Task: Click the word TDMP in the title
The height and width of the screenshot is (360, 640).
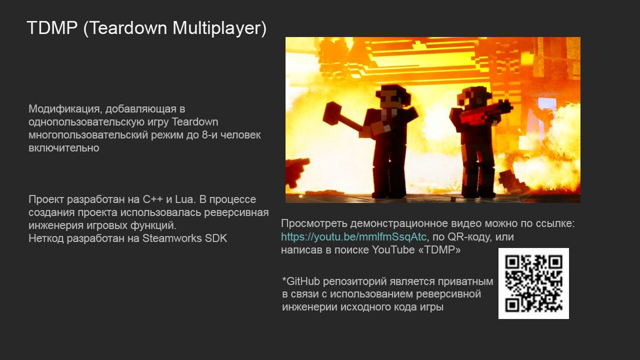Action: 52,28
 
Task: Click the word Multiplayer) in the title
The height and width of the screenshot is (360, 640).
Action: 219,28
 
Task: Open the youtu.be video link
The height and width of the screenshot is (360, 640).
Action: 353,237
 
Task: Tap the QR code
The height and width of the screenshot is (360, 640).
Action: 533,283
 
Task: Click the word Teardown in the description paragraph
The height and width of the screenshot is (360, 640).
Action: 194,122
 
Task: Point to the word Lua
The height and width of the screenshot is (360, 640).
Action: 185,199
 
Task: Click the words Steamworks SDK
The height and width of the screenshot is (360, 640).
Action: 184,238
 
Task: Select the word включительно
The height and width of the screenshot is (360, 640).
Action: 63,148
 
